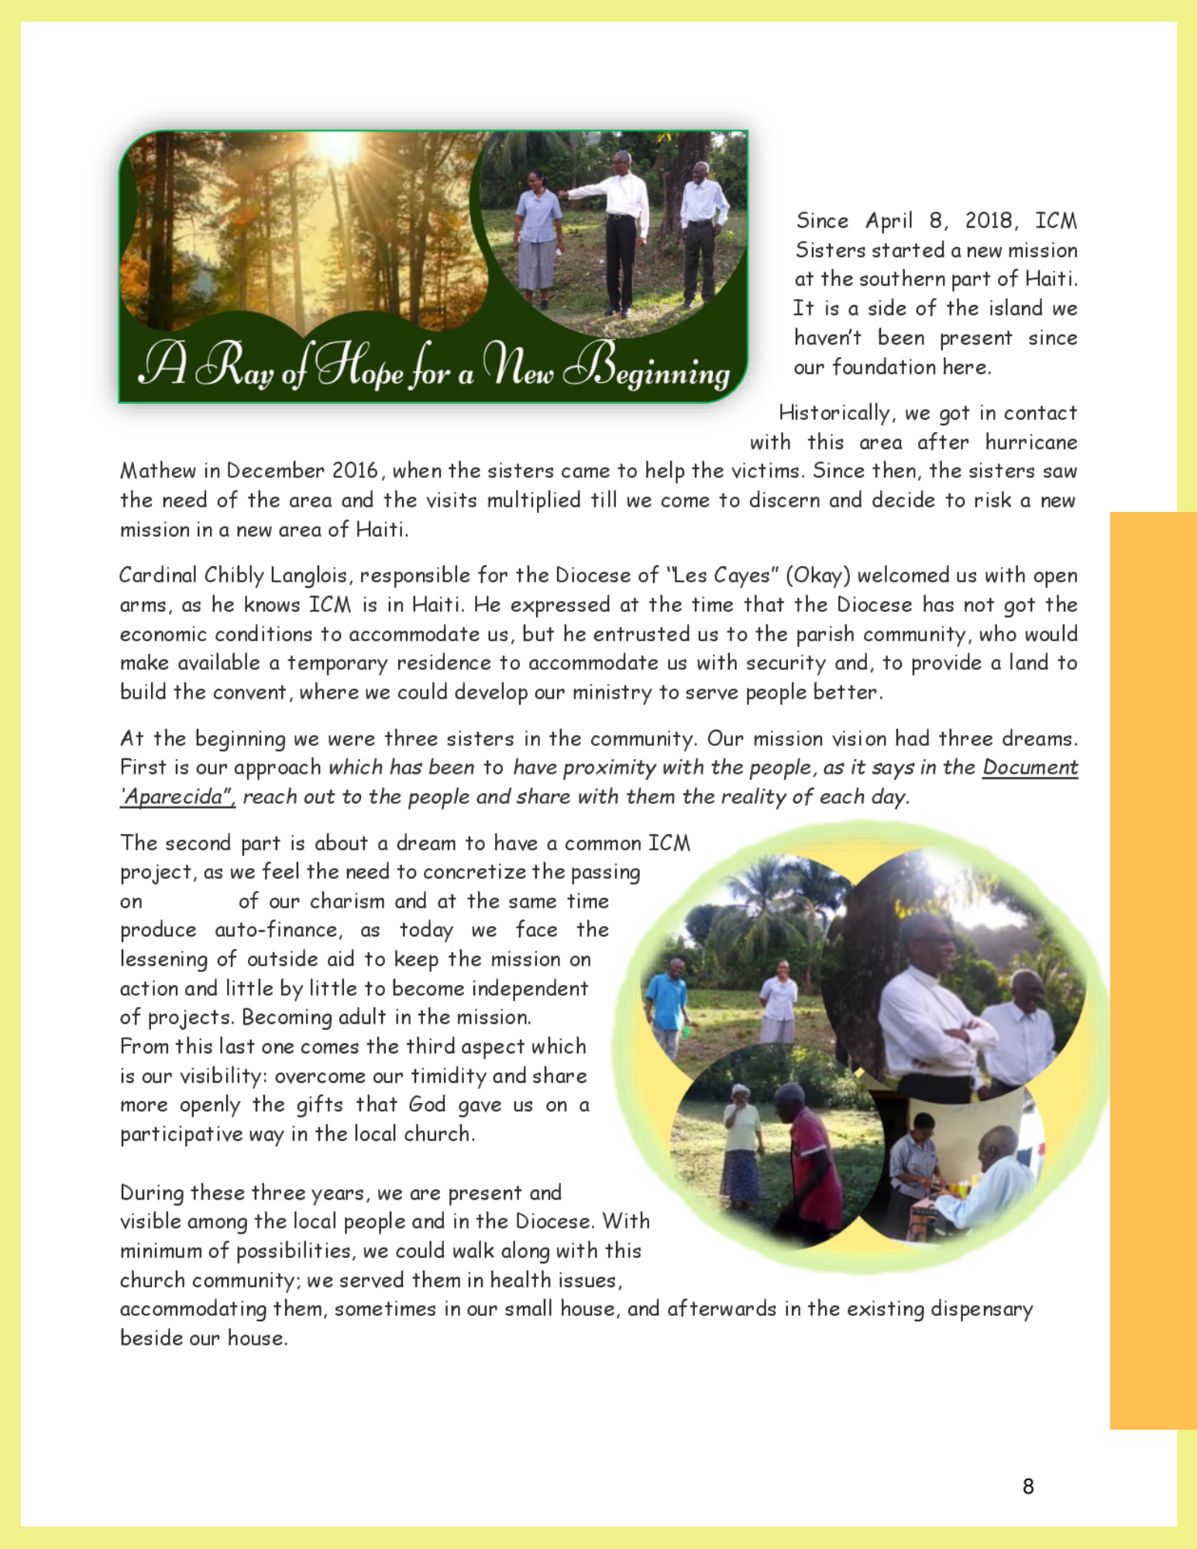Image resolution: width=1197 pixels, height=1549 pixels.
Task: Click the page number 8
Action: click(1028, 1485)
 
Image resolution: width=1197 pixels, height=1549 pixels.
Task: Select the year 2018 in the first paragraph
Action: click(989, 221)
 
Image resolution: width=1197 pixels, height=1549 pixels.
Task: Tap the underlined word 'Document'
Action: click(1030, 768)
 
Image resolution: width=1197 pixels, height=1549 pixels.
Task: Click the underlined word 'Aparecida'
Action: click(177, 797)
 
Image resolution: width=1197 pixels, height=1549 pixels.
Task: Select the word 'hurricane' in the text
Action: click(1030, 442)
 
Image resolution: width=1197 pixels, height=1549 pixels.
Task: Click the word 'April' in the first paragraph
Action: click(889, 221)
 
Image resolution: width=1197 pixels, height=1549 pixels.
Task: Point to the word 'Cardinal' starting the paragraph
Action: click(158, 575)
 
